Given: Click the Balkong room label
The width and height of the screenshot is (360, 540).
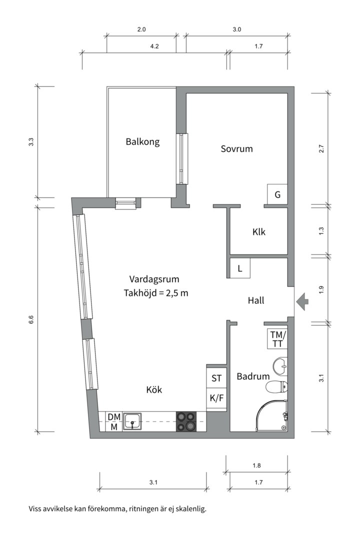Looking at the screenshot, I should tap(142, 142).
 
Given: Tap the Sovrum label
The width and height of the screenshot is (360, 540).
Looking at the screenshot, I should tap(236, 149).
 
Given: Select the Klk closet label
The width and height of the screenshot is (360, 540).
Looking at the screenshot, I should tap(258, 232).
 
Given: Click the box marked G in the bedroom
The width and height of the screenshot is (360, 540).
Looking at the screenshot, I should tap(277, 195).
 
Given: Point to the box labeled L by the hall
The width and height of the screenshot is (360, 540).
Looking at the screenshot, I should tap(240, 268).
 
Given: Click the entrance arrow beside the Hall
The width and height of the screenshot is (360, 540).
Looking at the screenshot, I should tap(302, 301).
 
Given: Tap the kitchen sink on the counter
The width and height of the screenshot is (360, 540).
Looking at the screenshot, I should tap(132, 421).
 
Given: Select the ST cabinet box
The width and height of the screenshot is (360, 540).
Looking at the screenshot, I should tap(216, 378).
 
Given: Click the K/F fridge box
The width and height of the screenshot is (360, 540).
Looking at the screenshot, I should tap(216, 399).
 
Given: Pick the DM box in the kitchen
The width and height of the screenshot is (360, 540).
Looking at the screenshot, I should tap(114, 416).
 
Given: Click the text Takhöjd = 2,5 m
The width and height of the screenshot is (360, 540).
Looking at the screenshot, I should tap(156, 293).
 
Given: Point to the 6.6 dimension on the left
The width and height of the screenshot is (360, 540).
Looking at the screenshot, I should tap(31, 320).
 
